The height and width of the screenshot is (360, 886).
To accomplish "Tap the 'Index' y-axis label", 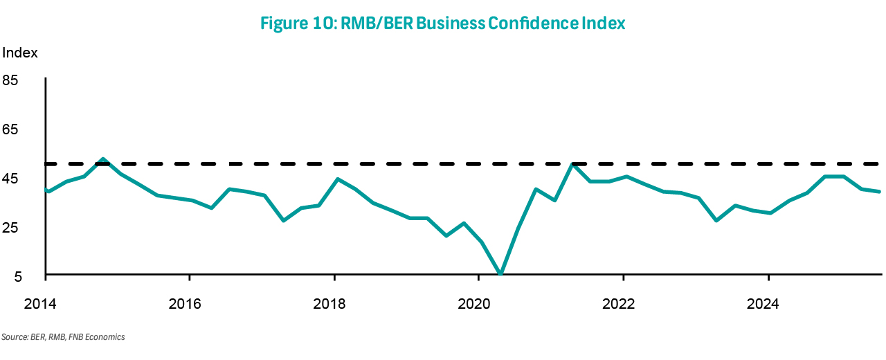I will tap(20, 53).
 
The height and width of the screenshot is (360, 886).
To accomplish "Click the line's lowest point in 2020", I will tap(500, 275).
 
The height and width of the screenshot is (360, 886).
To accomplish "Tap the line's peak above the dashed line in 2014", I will tap(102, 159).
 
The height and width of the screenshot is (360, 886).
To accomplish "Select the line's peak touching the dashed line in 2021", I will tap(573, 164).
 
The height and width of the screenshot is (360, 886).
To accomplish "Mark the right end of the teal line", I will tap(879, 191).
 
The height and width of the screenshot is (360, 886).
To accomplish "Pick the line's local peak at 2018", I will tap(337, 179).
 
